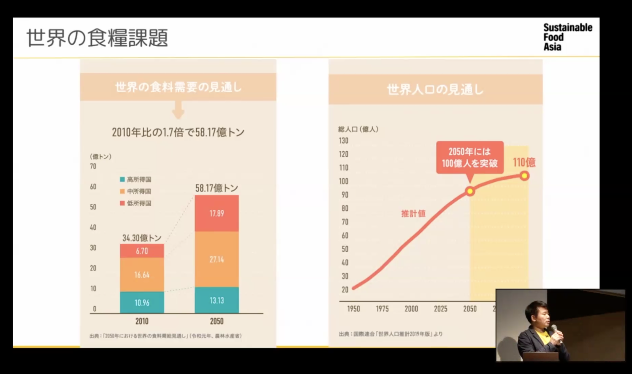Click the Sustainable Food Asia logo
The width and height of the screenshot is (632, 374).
[x=567, y=37]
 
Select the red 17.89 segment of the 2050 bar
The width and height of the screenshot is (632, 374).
[x=217, y=213]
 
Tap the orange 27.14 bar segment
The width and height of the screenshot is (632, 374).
[x=217, y=259]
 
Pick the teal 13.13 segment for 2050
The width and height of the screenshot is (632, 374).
[x=217, y=300]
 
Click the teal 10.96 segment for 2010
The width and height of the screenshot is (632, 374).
[x=142, y=302]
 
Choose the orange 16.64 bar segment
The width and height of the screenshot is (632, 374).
[x=142, y=274]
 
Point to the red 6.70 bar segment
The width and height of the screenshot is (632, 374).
[x=142, y=251]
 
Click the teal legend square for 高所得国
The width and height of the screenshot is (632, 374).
[x=122, y=179]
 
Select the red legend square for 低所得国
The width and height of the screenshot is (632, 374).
[x=122, y=203]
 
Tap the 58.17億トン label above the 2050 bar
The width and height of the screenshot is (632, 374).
[x=217, y=188]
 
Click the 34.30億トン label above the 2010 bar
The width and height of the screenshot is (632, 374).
[x=142, y=238]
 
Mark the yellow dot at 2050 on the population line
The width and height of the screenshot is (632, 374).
[x=470, y=191]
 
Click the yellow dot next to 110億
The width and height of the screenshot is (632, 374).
[x=524, y=176]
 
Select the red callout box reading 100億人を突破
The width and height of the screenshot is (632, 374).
[x=470, y=157]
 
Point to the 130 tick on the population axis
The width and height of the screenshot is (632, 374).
[x=343, y=141]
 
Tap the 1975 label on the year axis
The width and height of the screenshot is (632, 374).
[x=382, y=309]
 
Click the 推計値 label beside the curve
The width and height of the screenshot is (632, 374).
[x=413, y=214]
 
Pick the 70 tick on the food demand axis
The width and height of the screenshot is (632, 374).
[x=93, y=166]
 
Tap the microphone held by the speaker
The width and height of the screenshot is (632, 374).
[x=555, y=329]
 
